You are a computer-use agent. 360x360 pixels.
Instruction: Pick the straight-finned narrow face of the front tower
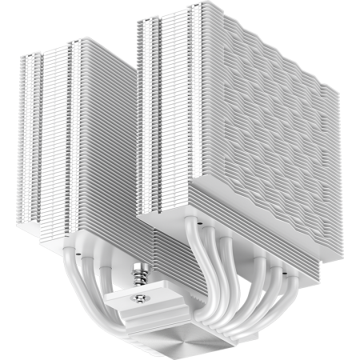pyautogui.click(x=160, y=112)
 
